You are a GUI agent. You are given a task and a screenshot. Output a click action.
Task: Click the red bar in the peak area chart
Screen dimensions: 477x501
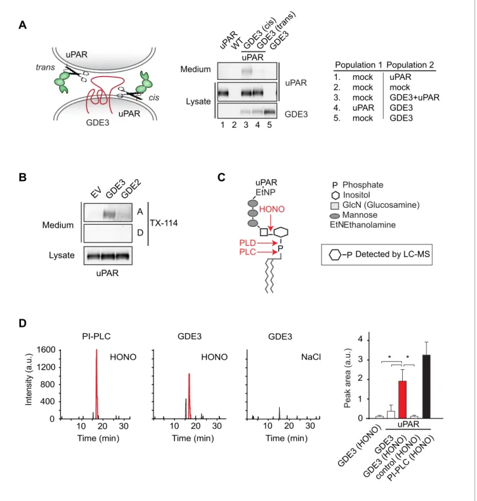click(402, 400)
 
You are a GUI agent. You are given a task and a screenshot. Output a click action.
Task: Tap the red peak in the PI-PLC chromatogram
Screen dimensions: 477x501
click(96, 384)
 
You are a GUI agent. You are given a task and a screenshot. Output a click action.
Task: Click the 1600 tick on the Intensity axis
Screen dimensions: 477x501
click(46, 350)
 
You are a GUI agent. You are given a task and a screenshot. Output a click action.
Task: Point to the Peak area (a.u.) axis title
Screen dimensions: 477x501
click(348, 378)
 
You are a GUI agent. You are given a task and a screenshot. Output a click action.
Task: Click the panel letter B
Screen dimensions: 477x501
click(22, 177)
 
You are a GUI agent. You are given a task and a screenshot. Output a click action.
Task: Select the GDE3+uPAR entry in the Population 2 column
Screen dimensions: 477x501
click(414, 98)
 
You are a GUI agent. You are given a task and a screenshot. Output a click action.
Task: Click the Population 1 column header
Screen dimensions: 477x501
click(358, 65)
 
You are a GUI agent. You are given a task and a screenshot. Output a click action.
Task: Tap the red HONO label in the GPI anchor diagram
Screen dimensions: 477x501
click(271, 209)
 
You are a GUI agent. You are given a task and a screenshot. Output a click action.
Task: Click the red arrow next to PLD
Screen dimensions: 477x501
click(267, 243)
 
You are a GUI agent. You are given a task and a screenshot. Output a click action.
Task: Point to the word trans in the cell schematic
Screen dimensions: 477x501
click(45, 67)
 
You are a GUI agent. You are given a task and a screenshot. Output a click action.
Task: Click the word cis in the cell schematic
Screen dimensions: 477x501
click(154, 98)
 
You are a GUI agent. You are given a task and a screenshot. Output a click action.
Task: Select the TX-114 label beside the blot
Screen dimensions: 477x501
click(164, 223)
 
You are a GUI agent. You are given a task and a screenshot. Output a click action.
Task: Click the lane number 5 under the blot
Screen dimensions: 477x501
click(270, 125)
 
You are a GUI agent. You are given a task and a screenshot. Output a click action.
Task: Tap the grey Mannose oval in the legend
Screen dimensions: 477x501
click(335, 217)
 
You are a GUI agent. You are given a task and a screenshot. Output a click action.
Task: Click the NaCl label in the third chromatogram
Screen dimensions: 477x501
click(311, 357)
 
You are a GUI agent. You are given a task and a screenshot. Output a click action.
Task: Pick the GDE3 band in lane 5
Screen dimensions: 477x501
click(270, 112)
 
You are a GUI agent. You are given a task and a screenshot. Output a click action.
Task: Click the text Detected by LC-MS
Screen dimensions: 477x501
click(393, 255)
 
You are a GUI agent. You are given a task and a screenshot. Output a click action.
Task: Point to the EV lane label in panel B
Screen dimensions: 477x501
click(96, 193)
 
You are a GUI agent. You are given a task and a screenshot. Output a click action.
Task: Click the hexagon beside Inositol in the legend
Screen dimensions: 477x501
click(336, 195)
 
